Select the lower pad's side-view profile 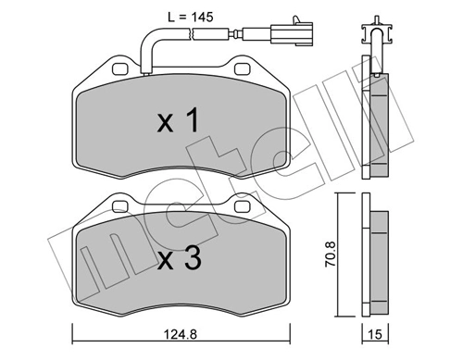click(378, 259)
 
